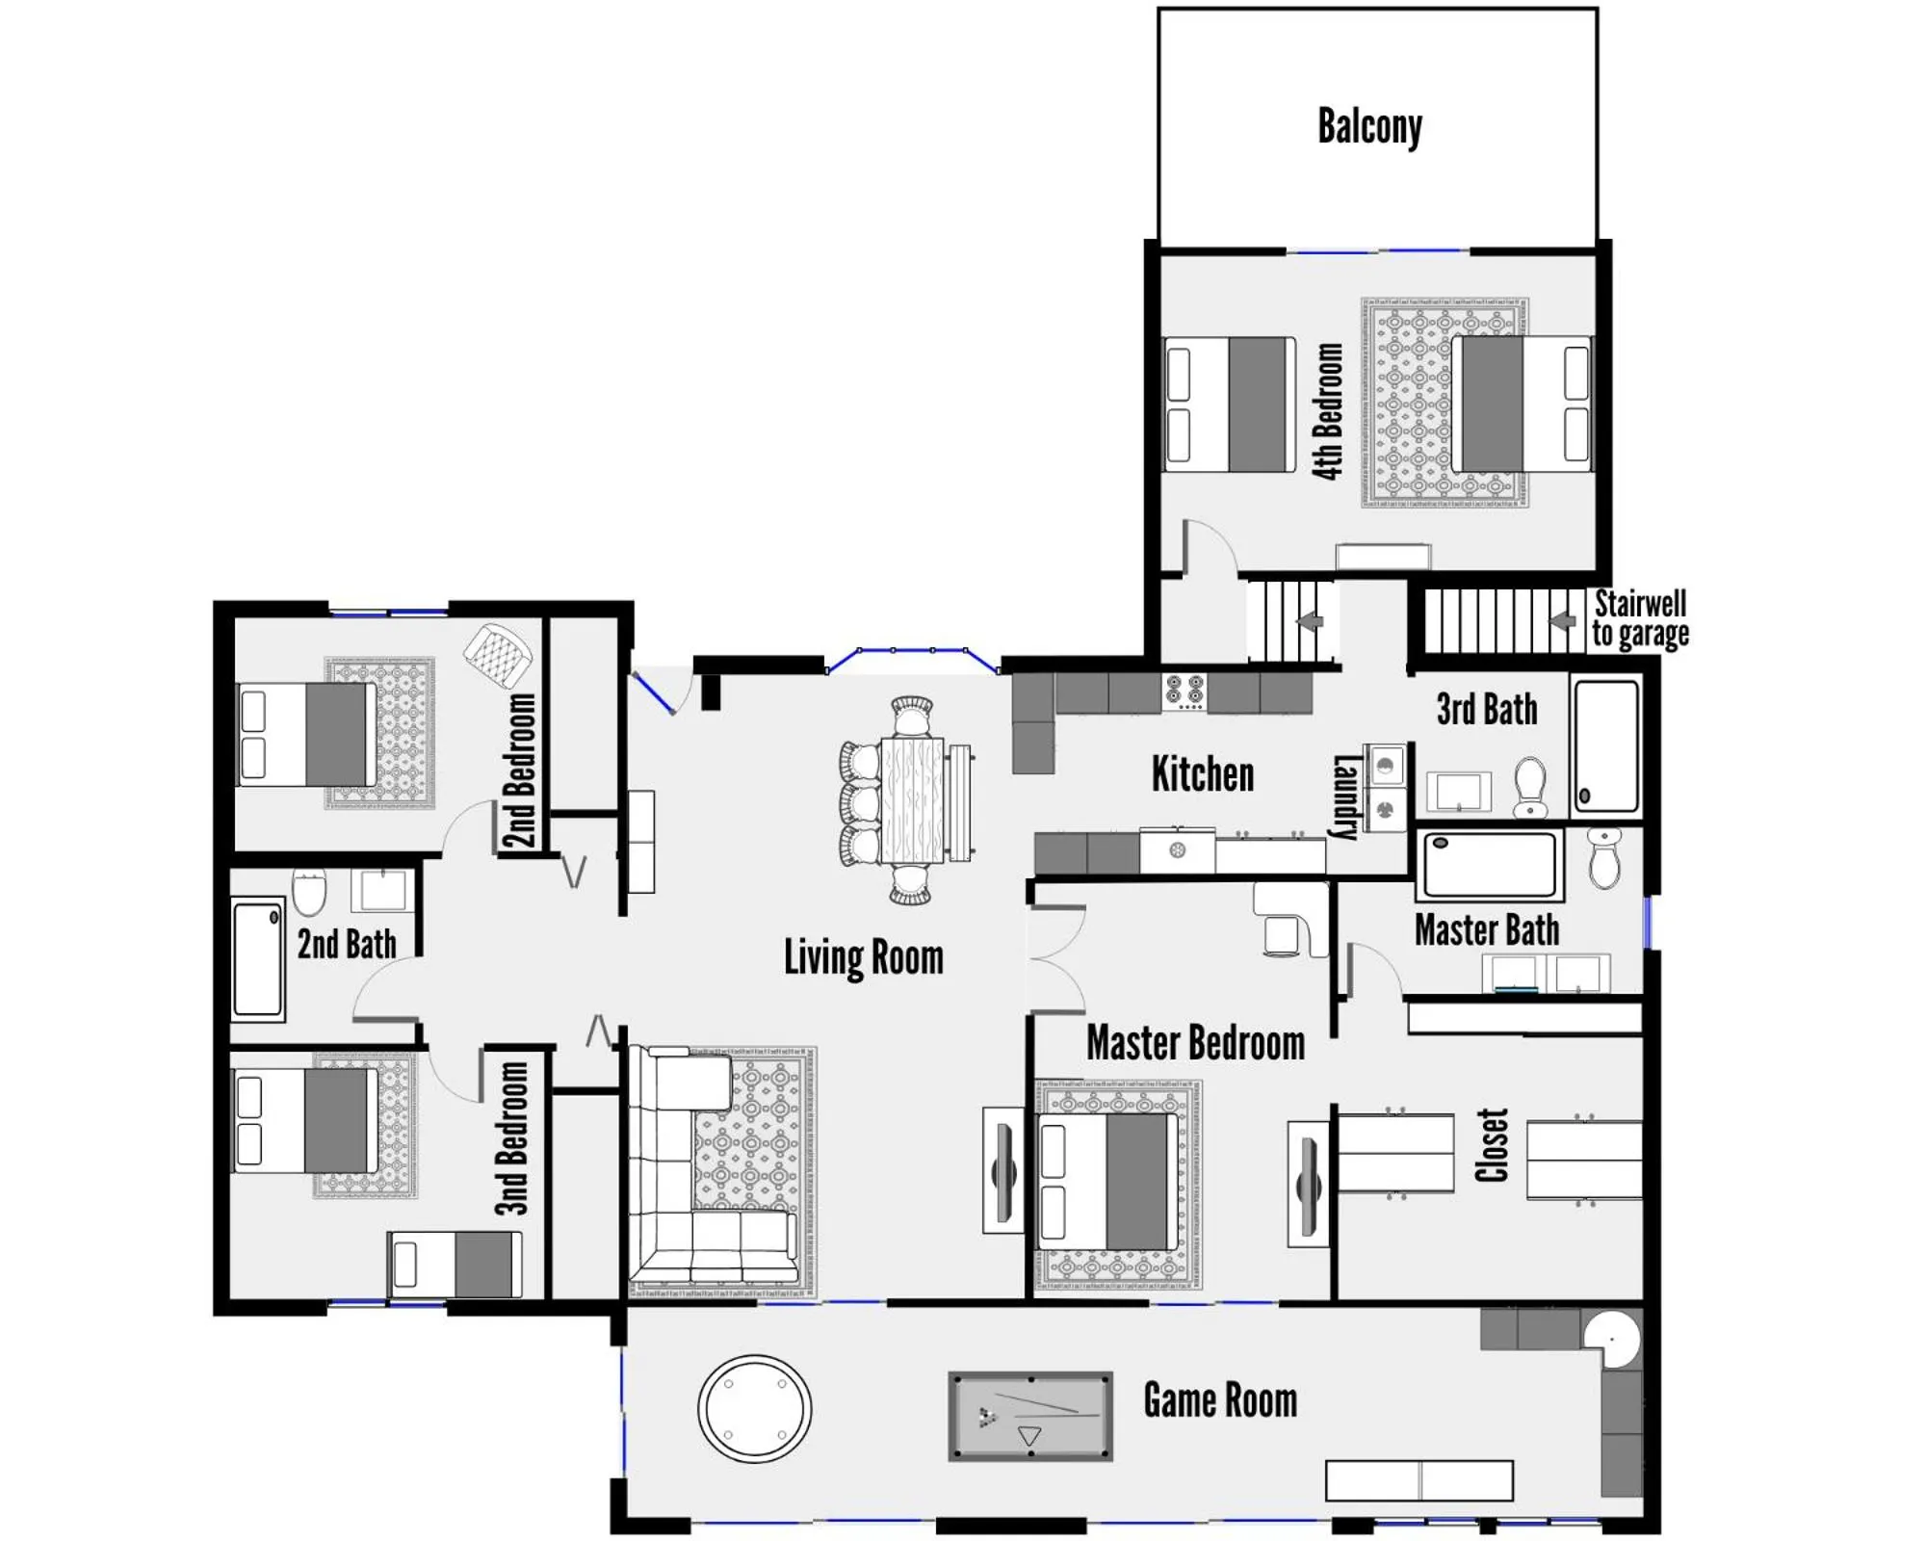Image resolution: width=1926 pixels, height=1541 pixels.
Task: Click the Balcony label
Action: pyautogui.click(x=1369, y=127)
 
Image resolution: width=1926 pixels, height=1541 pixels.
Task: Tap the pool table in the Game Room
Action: pyautogui.click(x=1030, y=1416)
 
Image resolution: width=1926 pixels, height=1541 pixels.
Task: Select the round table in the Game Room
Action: pyautogui.click(x=754, y=1408)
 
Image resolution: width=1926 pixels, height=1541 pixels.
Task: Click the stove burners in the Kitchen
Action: pyautogui.click(x=1184, y=691)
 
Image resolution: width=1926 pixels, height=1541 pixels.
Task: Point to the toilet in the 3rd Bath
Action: pyautogui.click(x=1530, y=786)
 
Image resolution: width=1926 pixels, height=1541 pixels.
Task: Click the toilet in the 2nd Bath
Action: pyautogui.click(x=309, y=892)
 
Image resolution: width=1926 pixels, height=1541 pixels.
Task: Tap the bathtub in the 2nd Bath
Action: pyautogui.click(x=258, y=957)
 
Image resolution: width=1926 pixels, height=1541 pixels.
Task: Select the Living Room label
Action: pyautogui.click(x=863, y=957)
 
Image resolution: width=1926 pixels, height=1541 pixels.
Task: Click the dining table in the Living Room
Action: pyautogui.click(x=913, y=799)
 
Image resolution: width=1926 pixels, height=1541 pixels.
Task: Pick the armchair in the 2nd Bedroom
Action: pyautogui.click(x=498, y=655)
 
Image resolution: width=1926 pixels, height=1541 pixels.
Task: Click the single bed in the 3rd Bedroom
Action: pyautogui.click(x=455, y=1264)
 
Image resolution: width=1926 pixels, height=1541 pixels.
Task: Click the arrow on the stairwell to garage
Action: pyautogui.click(x=1562, y=621)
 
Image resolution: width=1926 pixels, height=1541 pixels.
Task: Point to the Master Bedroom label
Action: pyautogui.click(x=1195, y=1043)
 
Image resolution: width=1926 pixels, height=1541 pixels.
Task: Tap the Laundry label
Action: pyautogui.click(x=1344, y=797)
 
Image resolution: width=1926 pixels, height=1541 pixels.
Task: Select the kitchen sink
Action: pyautogui.click(x=1177, y=850)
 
